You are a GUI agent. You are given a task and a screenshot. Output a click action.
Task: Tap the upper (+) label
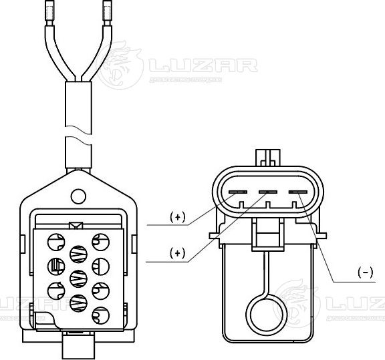point(177,217)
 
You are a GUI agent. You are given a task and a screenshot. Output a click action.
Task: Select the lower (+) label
point(177,252)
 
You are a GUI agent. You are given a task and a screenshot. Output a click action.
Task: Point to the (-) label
point(365,272)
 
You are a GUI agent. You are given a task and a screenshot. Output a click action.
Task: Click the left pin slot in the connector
point(237,192)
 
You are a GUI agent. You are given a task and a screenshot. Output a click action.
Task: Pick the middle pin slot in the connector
point(267,192)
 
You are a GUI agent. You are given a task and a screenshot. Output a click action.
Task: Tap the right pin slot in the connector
point(297,192)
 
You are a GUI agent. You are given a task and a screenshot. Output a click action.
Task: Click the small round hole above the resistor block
point(79,196)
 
